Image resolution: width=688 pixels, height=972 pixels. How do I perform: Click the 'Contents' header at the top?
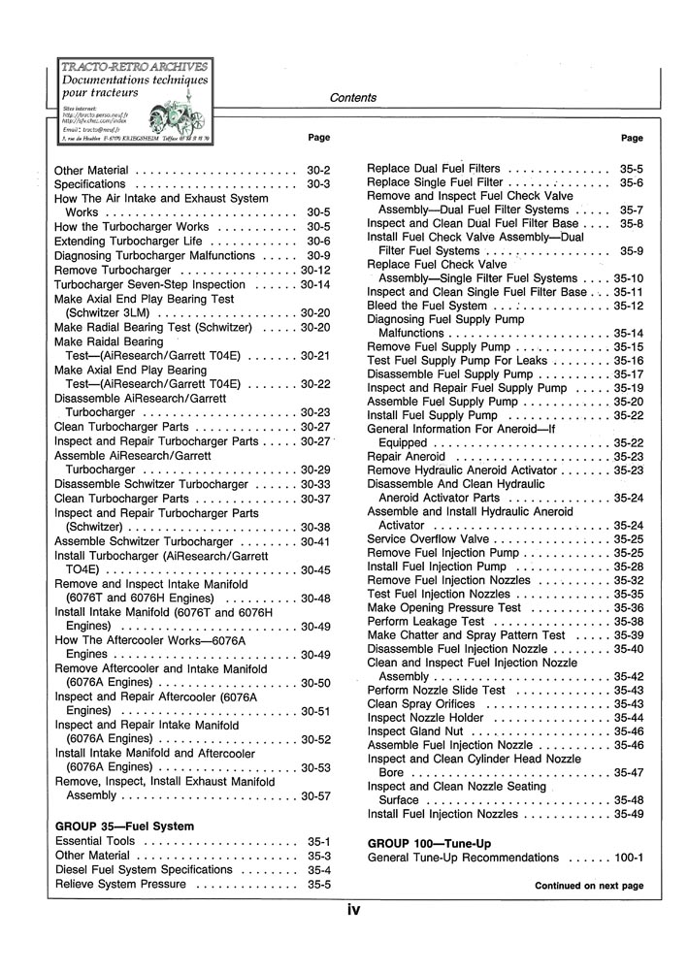pos(353,98)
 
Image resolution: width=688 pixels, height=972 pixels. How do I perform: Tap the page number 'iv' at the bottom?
pos(355,909)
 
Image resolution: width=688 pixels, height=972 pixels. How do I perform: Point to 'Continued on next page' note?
pos(589,886)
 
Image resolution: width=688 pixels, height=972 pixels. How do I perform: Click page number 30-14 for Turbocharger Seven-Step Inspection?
pos(316,285)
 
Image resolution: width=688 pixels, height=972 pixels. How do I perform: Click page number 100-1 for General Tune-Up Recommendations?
pos(630,858)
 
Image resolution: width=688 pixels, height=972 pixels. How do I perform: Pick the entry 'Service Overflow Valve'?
pos(428,538)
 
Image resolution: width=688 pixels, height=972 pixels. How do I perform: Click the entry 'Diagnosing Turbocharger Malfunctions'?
pos(154,255)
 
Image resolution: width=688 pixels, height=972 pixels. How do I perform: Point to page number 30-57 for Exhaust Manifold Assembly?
pos(316,795)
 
